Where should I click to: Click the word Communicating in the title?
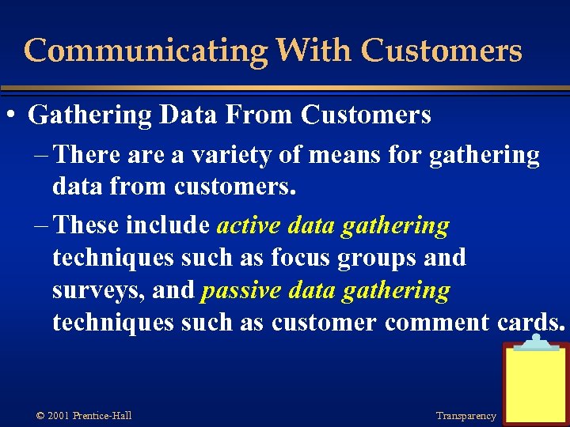click(146, 51)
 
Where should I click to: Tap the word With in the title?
click(313, 51)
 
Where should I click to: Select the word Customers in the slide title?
click(441, 51)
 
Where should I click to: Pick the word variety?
click(230, 156)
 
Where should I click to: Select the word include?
click(171, 225)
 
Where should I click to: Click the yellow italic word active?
click(249, 225)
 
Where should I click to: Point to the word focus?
click(305, 258)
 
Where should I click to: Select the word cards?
click(531, 323)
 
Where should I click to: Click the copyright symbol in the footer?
click(40, 416)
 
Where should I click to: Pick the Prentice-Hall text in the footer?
click(101, 416)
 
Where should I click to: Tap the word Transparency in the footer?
click(465, 416)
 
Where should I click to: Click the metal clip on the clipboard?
click(536, 342)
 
